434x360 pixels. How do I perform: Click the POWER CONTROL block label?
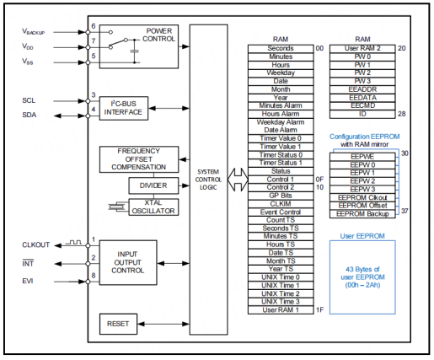point(158,35)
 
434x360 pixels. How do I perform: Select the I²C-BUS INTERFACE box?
point(124,108)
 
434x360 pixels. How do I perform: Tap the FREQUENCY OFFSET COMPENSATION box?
point(139,159)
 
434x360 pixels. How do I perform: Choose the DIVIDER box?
point(153,185)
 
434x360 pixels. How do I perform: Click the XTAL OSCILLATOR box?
point(153,207)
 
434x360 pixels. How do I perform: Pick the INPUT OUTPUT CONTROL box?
point(128,262)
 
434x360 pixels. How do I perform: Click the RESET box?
point(118,324)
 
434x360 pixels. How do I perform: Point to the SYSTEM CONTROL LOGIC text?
point(208,180)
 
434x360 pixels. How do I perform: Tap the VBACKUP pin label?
point(33,31)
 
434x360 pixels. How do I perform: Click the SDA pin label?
point(29,115)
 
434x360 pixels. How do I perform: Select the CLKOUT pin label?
point(35,244)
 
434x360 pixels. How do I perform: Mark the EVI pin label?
point(28,281)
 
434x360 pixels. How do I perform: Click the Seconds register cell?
point(281,48)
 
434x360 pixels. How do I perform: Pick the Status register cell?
point(281,171)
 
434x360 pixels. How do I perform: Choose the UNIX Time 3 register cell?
point(281,302)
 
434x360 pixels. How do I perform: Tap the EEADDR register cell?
point(362,89)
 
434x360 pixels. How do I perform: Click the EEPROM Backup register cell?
point(362,214)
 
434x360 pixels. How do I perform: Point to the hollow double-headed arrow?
point(238,180)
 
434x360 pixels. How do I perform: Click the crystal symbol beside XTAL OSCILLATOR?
point(116,207)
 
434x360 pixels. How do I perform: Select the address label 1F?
point(319,309)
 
